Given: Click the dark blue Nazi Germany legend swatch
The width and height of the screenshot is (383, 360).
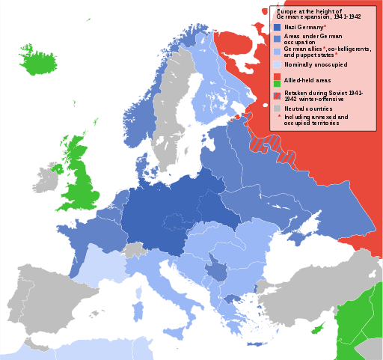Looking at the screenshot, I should click(276, 27).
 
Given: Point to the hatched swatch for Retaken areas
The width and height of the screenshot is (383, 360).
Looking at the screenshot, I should click(276, 94).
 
